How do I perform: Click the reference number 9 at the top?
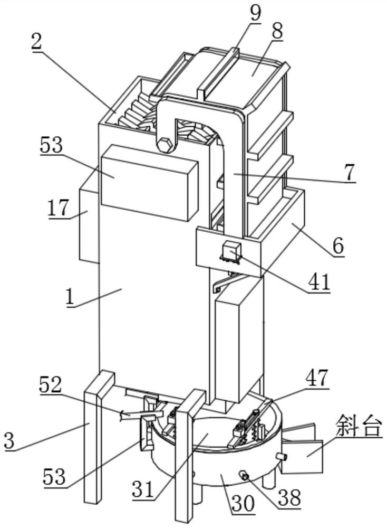pos(255,13)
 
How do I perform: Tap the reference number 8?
pos(277,32)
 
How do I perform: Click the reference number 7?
pos(350,173)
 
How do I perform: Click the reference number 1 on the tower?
pos(70,298)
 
